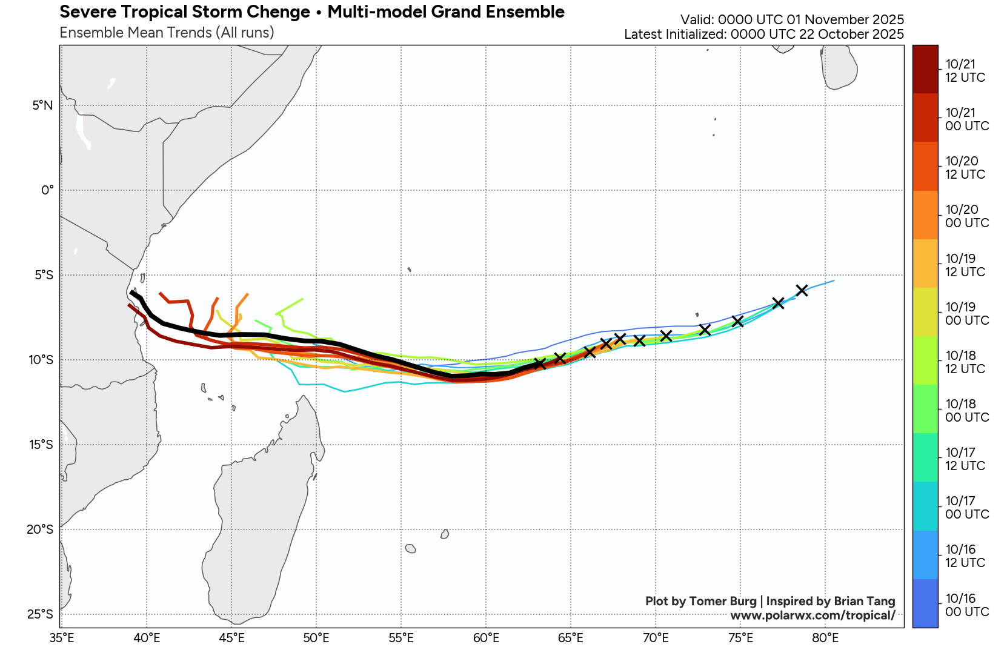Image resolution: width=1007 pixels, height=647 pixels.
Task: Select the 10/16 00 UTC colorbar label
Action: click(966, 605)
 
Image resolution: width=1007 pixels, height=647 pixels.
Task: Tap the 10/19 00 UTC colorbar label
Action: click(966, 314)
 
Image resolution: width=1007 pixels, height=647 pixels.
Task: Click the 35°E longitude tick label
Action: click(62, 638)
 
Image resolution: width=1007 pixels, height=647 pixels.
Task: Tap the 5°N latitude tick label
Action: click(42, 105)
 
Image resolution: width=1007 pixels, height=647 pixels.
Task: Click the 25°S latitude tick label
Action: click(41, 614)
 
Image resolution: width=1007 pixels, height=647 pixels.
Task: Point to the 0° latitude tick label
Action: click(47, 190)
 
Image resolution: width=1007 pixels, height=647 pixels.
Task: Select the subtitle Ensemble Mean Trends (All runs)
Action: click(167, 33)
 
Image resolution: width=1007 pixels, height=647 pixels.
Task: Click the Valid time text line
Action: click(792, 20)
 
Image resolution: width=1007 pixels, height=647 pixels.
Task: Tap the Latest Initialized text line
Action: click(763, 35)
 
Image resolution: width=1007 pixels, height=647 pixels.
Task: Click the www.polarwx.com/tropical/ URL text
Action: click(813, 615)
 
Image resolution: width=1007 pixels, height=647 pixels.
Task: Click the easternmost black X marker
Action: click(802, 290)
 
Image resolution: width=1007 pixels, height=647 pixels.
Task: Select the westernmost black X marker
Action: click(539, 363)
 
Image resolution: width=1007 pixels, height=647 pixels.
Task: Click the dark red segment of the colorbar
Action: click(925, 69)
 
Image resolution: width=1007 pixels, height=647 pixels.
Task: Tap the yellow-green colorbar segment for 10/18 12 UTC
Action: click(925, 360)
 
